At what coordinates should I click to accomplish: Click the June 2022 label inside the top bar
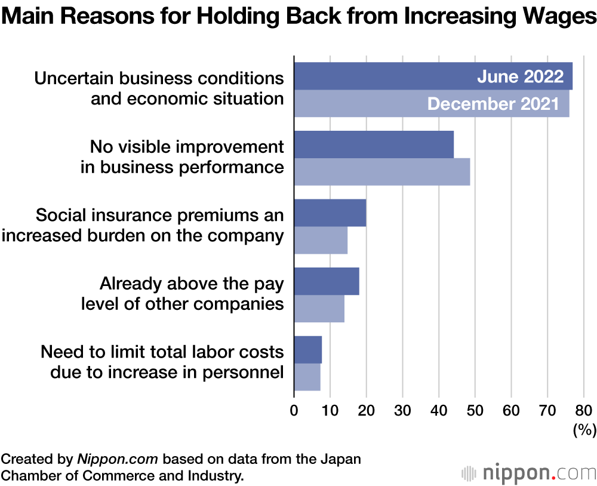coord(520,77)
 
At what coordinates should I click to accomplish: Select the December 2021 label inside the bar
coord(494,104)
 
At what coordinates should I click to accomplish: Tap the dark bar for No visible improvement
coord(374,145)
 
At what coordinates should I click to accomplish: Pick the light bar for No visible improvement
coord(382,172)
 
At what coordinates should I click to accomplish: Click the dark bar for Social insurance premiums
coord(330,213)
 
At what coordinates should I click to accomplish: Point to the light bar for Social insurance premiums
coord(321,240)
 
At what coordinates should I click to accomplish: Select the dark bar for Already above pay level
coord(327,281)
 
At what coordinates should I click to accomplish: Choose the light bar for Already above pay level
coord(319,309)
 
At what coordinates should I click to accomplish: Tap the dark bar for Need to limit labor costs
coord(308,350)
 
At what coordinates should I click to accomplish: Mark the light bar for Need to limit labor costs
coord(307,377)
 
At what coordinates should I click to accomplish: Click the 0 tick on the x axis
coord(294,411)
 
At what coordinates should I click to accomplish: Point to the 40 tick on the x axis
coord(439,411)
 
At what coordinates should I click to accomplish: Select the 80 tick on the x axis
coord(584,411)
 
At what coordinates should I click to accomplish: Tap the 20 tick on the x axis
coord(366,411)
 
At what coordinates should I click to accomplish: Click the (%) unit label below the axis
coord(584,429)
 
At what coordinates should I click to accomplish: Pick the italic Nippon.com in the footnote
coord(118,460)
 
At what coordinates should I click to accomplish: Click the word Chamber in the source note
coord(29,476)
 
